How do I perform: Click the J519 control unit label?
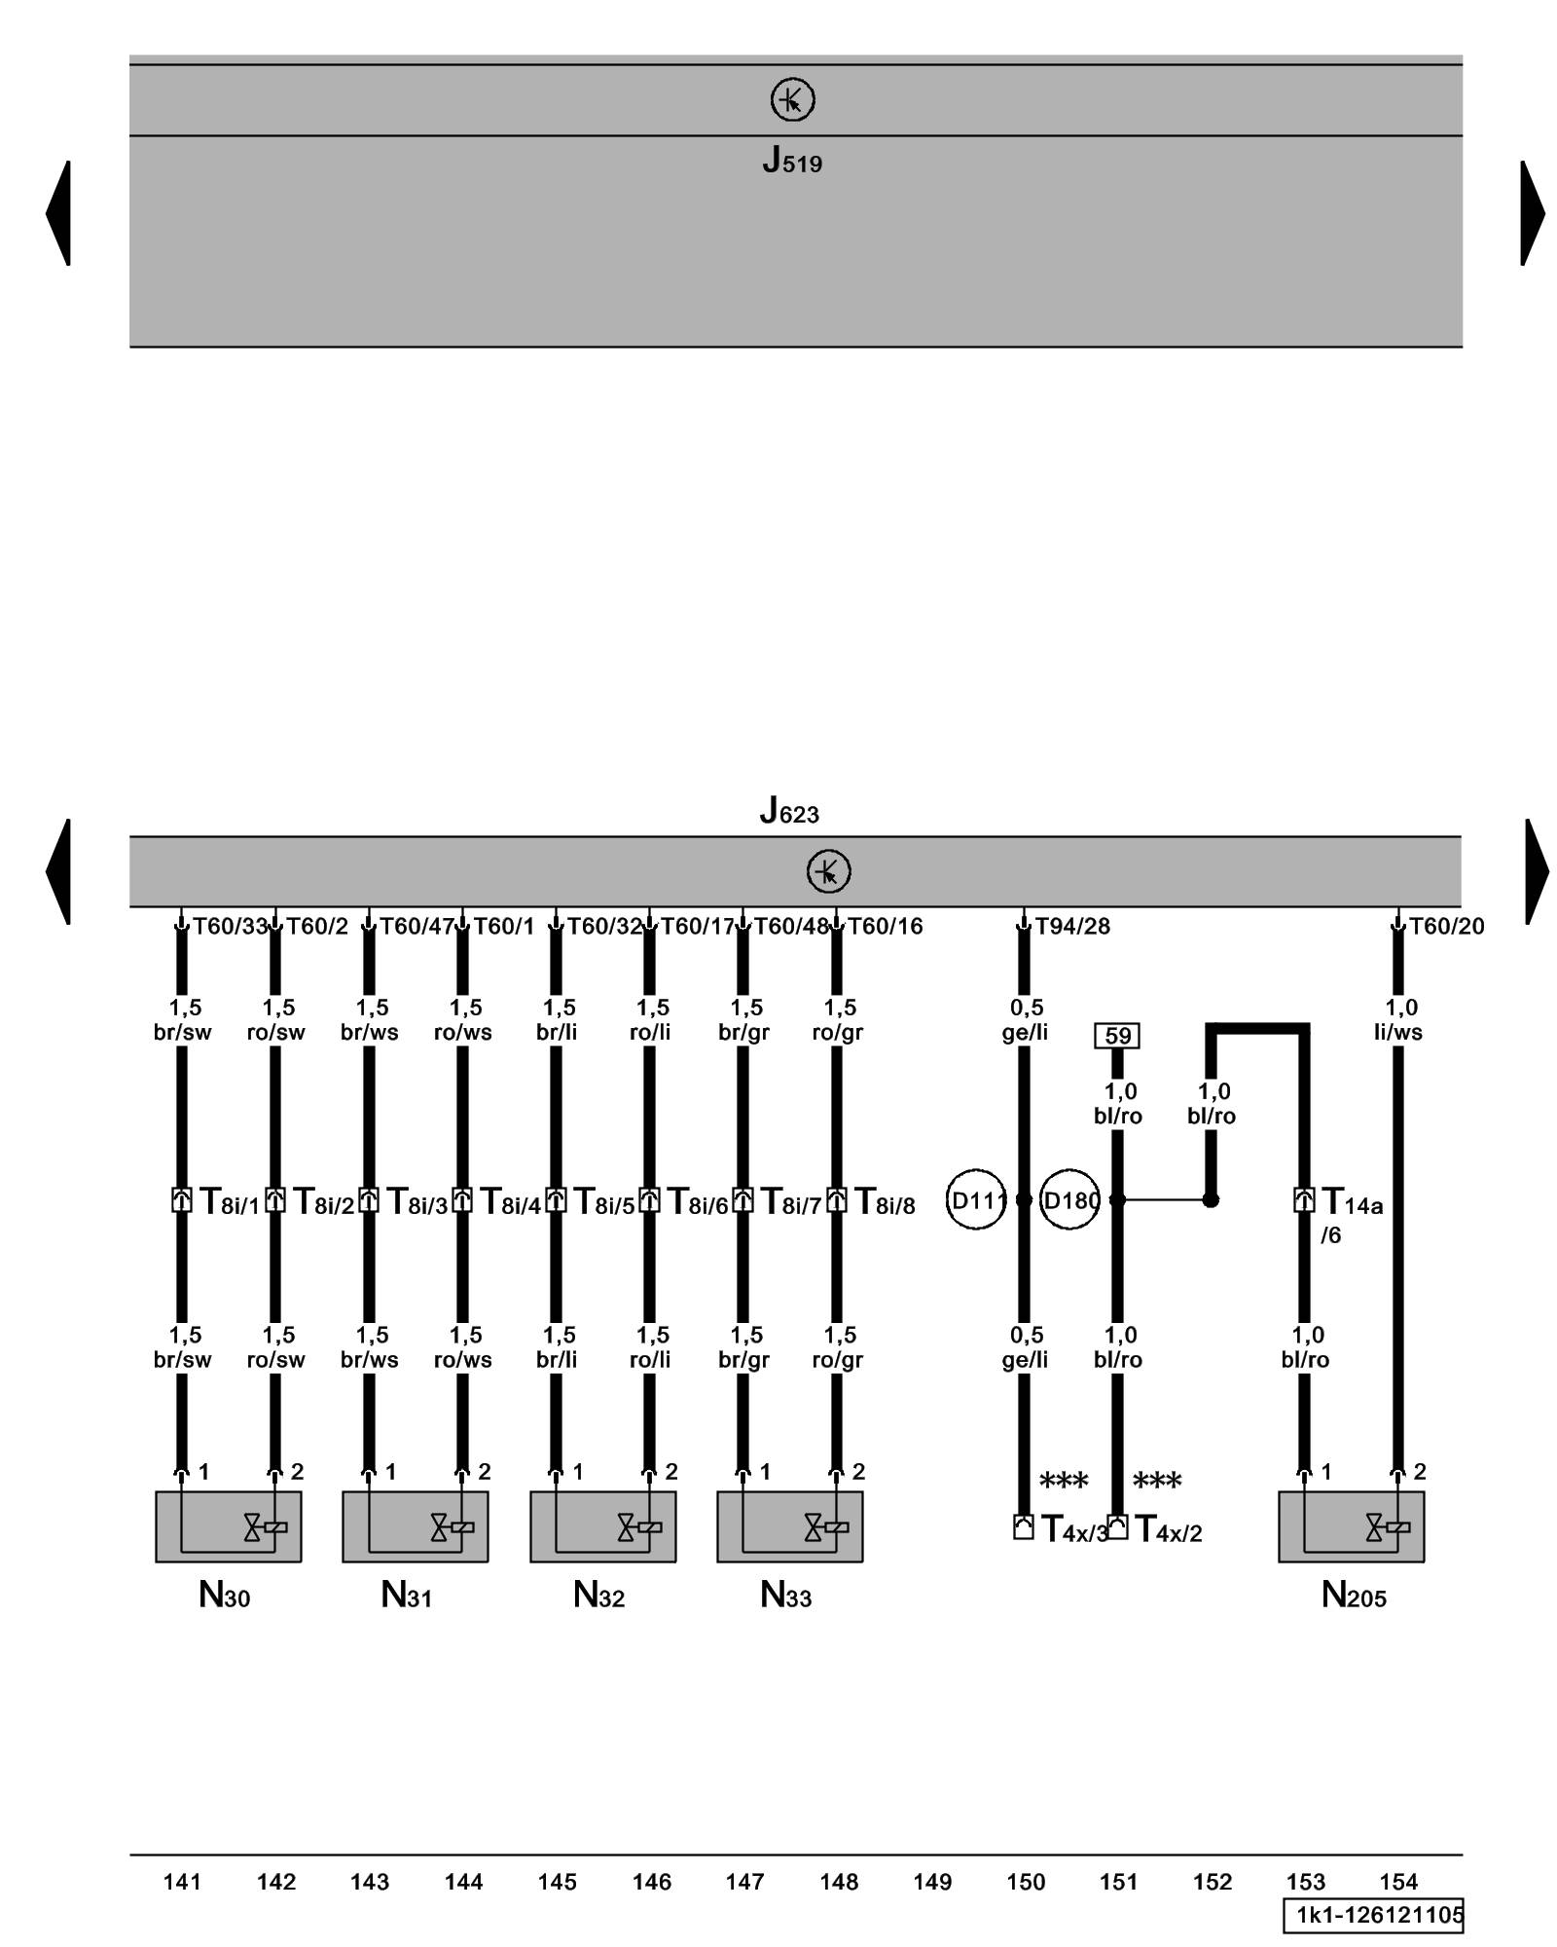(791, 161)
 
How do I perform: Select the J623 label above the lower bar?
(789, 810)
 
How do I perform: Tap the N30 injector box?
(228, 1526)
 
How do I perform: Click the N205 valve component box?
(1351, 1526)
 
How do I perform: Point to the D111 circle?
(975, 1200)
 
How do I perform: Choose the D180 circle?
(1069, 1200)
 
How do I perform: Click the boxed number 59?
(1117, 1036)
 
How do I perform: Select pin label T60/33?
(230, 926)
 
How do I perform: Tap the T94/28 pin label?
(1071, 926)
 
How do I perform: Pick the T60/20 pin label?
(1447, 926)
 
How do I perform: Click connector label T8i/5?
(603, 1202)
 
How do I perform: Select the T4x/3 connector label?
(1074, 1530)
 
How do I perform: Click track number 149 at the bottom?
(932, 1882)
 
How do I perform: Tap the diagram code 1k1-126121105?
(1373, 1916)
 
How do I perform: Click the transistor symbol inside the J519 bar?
(792, 99)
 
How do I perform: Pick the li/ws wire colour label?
(1397, 1032)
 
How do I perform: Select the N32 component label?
(598, 1595)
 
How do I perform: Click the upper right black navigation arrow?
(1532, 212)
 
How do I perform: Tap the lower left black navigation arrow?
(58, 871)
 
